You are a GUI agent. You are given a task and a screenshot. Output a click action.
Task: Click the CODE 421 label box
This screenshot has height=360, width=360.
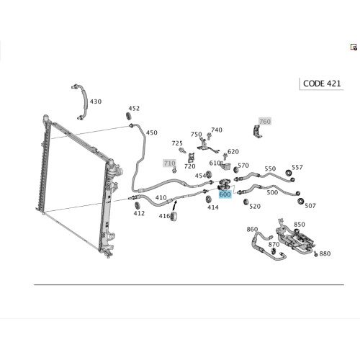click(322, 84)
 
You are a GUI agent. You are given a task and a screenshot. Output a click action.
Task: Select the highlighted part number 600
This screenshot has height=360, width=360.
click(225, 194)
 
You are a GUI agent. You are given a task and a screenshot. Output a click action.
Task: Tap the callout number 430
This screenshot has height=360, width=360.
click(96, 102)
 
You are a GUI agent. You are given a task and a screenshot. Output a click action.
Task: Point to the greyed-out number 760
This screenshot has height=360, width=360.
click(265, 122)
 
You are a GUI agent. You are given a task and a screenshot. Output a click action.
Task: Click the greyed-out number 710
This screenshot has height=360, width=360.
click(169, 163)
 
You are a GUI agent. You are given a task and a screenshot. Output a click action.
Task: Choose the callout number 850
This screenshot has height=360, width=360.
click(300, 225)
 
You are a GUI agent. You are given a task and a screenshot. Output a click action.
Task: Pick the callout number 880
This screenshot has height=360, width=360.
click(325, 253)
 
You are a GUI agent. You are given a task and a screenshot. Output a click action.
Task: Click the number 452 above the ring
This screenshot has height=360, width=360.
click(134, 109)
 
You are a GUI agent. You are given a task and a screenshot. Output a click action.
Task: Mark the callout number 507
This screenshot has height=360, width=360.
click(310, 206)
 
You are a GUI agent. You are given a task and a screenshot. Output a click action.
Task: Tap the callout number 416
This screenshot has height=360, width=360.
click(164, 216)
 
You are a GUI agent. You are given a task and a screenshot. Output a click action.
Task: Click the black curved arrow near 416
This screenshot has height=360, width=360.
click(175, 206)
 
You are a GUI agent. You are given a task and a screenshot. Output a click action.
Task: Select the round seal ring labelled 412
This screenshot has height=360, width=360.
click(137, 206)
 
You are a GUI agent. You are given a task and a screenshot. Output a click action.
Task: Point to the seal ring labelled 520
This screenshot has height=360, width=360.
click(246, 202)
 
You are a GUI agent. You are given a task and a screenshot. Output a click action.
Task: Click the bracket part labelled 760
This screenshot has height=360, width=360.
click(257, 132)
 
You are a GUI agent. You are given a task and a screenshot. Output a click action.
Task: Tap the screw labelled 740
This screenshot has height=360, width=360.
click(209, 137)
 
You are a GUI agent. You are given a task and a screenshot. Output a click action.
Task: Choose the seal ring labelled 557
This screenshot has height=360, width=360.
click(288, 173)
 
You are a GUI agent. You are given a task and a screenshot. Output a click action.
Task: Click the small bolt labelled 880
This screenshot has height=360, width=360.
click(316, 253)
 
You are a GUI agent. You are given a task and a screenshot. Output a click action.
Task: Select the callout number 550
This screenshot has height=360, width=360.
click(270, 168)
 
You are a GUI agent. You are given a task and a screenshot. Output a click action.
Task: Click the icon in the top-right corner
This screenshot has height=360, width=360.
click(354, 47)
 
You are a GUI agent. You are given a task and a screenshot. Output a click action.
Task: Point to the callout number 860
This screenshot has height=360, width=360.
click(252, 230)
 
